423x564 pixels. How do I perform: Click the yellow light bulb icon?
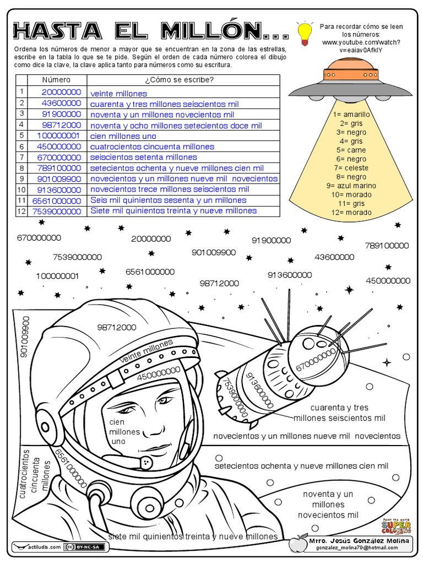303,33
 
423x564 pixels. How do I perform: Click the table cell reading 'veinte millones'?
118,94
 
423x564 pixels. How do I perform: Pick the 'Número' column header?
56,80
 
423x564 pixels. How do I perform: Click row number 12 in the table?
21,211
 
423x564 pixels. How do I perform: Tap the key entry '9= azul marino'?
351,186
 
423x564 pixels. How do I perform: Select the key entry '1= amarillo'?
351,115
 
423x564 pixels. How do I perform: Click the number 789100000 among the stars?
387,246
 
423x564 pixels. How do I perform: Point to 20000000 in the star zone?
151,239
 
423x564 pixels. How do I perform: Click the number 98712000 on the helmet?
117,327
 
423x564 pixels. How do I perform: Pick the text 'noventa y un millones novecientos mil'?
328,505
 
